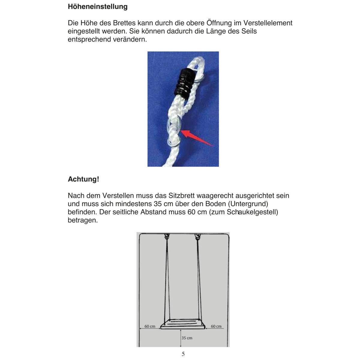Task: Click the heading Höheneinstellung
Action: tap(97, 7)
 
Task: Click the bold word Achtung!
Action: tap(83, 179)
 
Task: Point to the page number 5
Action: tap(183, 354)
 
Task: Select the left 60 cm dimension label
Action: tap(150, 326)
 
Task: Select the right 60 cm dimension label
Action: tap(216, 326)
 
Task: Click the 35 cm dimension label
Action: tap(187, 338)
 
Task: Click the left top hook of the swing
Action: tap(167, 237)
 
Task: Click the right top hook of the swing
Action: tap(197, 237)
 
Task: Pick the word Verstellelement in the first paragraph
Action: tap(268, 23)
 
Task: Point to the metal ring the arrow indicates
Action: tap(175, 126)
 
